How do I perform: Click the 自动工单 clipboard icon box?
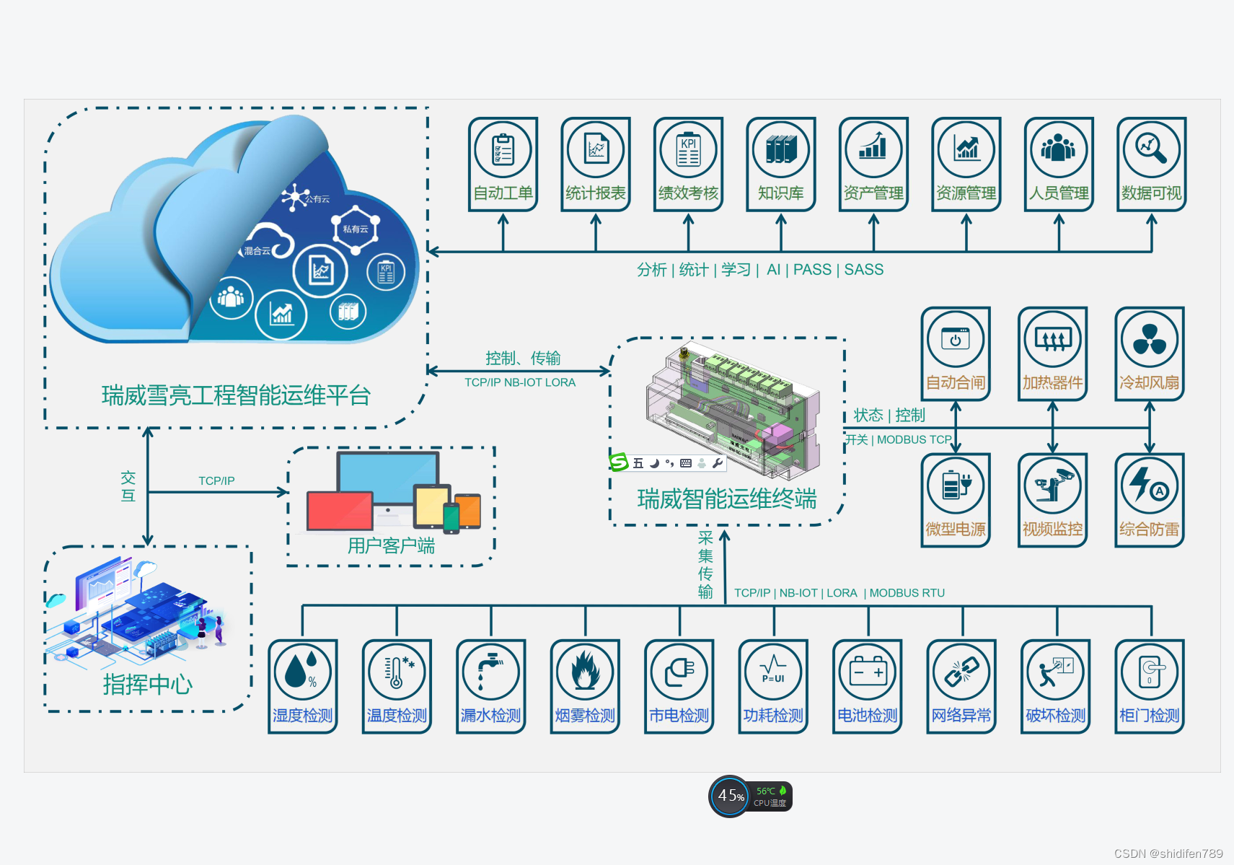click(x=503, y=164)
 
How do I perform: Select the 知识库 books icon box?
click(x=780, y=164)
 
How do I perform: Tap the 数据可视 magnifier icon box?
click(x=1151, y=164)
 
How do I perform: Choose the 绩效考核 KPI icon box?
click(x=688, y=164)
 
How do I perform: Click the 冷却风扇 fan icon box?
click(x=1149, y=354)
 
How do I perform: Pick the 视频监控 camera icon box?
click(x=1052, y=500)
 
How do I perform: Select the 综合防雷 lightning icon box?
click(x=1149, y=500)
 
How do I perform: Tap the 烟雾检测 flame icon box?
click(x=585, y=686)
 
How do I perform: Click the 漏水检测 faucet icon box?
click(x=490, y=686)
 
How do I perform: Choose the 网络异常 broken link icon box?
click(x=961, y=686)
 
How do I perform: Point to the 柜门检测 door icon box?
click(x=1150, y=686)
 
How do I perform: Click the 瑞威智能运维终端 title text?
click(x=726, y=499)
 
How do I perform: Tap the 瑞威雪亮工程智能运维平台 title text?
click(x=236, y=395)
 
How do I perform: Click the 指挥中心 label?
click(x=147, y=684)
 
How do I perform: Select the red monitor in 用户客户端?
click(x=339, y=511)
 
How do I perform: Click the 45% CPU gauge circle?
click(x=729, y=796)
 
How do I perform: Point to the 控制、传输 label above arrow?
click(x=522, y=358)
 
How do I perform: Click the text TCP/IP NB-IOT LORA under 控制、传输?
click(x=519, y=382)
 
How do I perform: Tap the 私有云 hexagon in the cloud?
click(x=356, y=229)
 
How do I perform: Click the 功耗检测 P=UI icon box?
click(x=773, y=686)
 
